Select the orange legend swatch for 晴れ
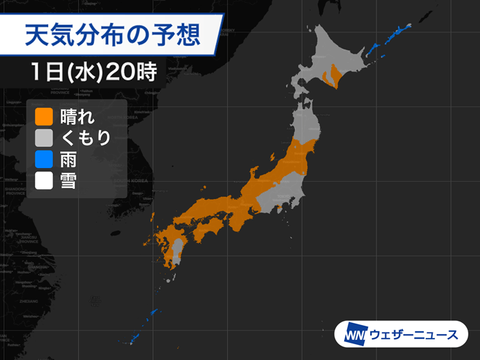point(44,116)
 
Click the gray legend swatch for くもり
point(44,138)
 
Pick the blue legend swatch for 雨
point(44,160)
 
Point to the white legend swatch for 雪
point(44,181)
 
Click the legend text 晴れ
point(76,116)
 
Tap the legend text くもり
point(85,138)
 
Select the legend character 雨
point(68,160)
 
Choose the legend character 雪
point(68,181)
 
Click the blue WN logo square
point(354,335)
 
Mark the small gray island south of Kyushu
point(171,278)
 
